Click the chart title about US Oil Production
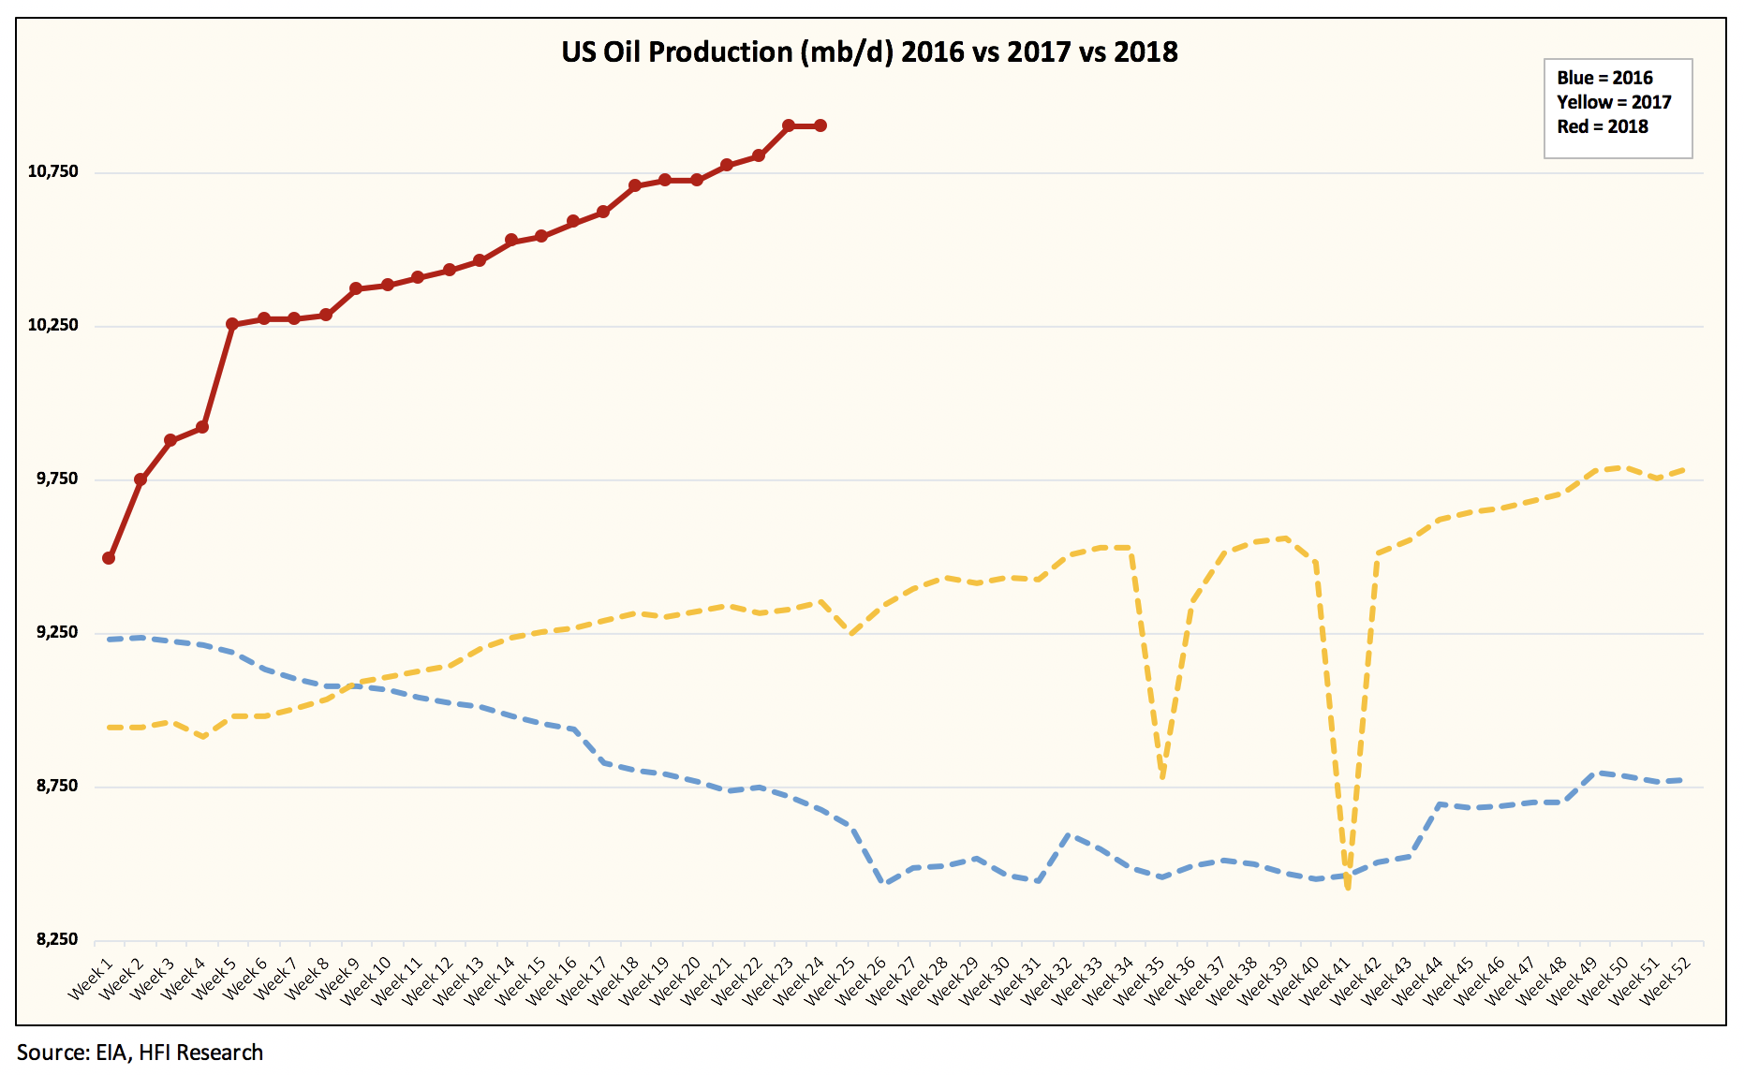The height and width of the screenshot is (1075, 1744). [869, 52]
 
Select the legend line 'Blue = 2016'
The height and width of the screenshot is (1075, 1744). [1604, 78]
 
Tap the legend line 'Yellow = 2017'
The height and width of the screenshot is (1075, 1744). [1614, 102]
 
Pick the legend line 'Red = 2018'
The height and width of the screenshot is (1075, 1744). [1603, 126]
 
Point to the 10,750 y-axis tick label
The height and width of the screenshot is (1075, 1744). [53, 171]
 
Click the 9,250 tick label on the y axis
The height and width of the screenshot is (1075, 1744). [57, 632]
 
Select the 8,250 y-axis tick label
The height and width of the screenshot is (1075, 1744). [57, 939]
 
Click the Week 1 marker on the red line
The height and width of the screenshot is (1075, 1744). [109, 558]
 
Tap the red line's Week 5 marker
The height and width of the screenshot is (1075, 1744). [232, 324]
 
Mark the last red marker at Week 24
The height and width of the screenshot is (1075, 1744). [820, 125]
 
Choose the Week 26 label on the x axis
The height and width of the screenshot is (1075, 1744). [862, 979]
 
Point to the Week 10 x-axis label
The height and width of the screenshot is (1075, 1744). [366, 979]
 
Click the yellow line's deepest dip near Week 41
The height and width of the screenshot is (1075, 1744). [1348, 885]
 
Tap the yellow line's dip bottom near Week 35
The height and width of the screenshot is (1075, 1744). [1162, 776]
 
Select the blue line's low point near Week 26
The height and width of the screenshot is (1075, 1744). [884, 882]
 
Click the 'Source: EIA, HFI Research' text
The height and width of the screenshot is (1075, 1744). [140, 1053]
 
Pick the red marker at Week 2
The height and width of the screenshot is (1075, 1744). [140, 479]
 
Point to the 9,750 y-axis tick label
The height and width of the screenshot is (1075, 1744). [57, 479]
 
